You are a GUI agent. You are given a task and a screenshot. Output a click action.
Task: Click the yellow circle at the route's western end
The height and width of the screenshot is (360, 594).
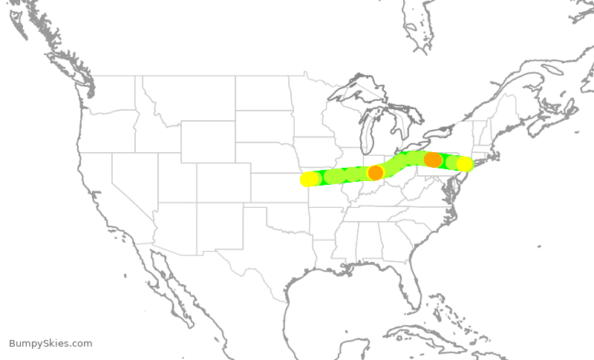pyautogui.click(x=310, y=179)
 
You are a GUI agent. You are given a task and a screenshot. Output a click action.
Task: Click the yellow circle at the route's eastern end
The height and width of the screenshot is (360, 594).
pyautogui.click(x=465, y=164)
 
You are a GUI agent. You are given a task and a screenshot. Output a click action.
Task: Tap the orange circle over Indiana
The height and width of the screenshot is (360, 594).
pyautogui.click(x=376, y=172)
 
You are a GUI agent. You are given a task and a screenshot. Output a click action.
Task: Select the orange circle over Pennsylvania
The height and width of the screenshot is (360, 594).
pyautogui.click(x=433, y=160)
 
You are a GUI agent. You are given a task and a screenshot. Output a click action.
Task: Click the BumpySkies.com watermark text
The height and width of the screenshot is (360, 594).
pyautogui.click(x=50, y=344)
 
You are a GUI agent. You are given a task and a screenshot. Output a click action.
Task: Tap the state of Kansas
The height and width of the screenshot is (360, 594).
pyautogui.click(x=278, y=186)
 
